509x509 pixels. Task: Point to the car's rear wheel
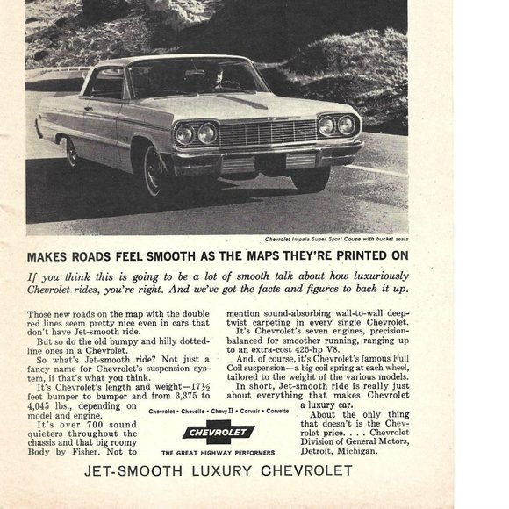tap(71, 152)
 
